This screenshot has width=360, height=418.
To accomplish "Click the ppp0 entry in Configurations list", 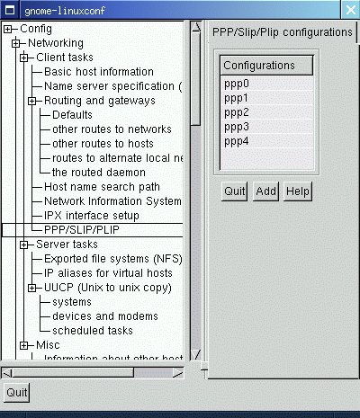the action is point(237,84).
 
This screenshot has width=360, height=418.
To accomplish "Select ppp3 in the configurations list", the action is point(237,127).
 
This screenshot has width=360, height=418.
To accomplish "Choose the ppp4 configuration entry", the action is point(237,141).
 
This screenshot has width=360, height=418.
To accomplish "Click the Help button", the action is point(298,191).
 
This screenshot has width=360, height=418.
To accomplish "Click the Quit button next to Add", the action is point(234,191).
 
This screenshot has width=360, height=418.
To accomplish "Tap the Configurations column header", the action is point(266,66).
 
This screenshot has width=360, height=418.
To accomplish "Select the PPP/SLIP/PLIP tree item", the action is point(82,230).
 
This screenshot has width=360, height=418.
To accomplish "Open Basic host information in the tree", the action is point(99,72).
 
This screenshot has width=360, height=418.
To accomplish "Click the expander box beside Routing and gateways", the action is point(32,101).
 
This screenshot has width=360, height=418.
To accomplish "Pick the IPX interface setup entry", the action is point(92,216).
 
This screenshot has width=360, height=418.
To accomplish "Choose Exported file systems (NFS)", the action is point(113,259).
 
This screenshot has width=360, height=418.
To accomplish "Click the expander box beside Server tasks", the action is point(24,245).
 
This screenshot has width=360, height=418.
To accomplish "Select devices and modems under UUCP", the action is point(105,316).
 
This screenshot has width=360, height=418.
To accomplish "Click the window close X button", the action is point(350,10).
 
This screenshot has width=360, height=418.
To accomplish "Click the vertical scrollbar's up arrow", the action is point(196,27).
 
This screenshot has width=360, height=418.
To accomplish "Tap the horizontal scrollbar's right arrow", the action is point(177,373).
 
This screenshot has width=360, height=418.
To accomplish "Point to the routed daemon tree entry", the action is point(99,173).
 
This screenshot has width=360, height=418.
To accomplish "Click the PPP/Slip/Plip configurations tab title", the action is point(283,32).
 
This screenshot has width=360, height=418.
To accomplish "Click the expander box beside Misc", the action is point(24,345).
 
